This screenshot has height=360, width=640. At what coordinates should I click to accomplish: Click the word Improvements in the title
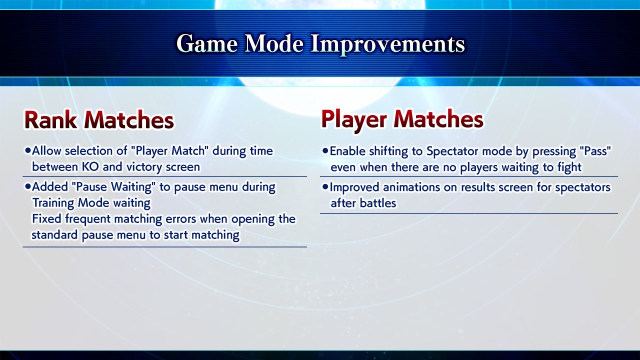click(x=387, y=44)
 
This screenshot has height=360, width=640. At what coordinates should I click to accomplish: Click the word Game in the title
click(x=207, y=43)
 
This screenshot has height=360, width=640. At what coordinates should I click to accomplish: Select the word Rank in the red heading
click(x=51, y=120)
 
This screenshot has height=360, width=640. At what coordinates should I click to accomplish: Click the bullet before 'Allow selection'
click(x=27, y=150)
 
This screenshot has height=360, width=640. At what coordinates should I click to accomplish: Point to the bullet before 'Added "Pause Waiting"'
click(x=27, y=186)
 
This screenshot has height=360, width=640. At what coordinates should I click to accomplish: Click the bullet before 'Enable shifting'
click(x=325, y=150)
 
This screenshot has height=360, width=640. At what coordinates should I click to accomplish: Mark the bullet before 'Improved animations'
click(x=325, y=187)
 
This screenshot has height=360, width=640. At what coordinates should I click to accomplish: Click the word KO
click(x=90, y=166)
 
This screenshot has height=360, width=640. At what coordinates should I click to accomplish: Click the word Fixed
click(x=46, y=219)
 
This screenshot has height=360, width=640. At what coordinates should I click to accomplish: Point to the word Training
click(x=53, y=203)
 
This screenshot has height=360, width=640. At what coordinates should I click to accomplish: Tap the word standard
click(x=54, y=235)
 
